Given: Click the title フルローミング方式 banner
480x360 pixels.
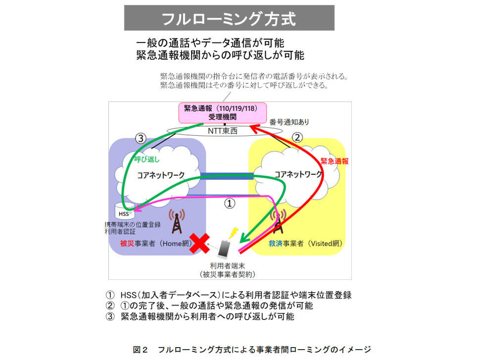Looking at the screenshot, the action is [229, 18].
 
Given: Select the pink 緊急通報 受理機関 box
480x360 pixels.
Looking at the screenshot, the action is [223, 113].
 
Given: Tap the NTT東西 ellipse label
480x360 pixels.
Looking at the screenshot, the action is [223, 131].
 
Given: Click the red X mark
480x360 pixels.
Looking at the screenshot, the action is [199, 243].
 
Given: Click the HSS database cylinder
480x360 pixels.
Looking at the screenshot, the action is [124, 211].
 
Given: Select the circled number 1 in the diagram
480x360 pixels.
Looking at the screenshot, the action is [230, 203].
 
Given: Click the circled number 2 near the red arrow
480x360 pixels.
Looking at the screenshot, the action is [297, 137].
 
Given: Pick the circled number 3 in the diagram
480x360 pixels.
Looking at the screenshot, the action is [141, 139].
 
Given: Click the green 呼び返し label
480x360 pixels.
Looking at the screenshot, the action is [147, 159].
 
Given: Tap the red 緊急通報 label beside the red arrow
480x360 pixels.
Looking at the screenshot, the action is [335, 161].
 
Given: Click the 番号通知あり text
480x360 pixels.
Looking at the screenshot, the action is [289, 122].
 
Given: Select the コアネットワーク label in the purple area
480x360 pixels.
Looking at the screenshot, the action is [161, 175].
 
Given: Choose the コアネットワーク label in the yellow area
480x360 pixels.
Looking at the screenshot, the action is [298, 174].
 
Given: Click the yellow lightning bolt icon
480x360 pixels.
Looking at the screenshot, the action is [234, 233].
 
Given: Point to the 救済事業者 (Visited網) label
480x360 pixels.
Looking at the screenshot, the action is [305, 244].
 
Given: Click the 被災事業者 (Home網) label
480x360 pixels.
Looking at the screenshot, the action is [156, 244].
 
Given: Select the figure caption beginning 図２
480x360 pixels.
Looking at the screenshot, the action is [252, 350].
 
